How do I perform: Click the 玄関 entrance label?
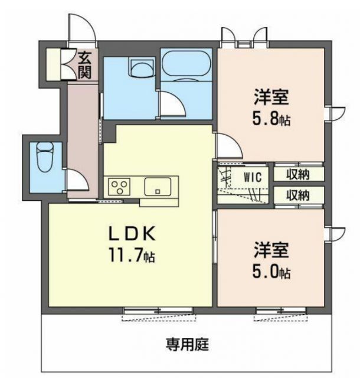(85, 65)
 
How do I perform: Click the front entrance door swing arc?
(80, 27)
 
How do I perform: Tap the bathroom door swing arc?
(170, 105)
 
